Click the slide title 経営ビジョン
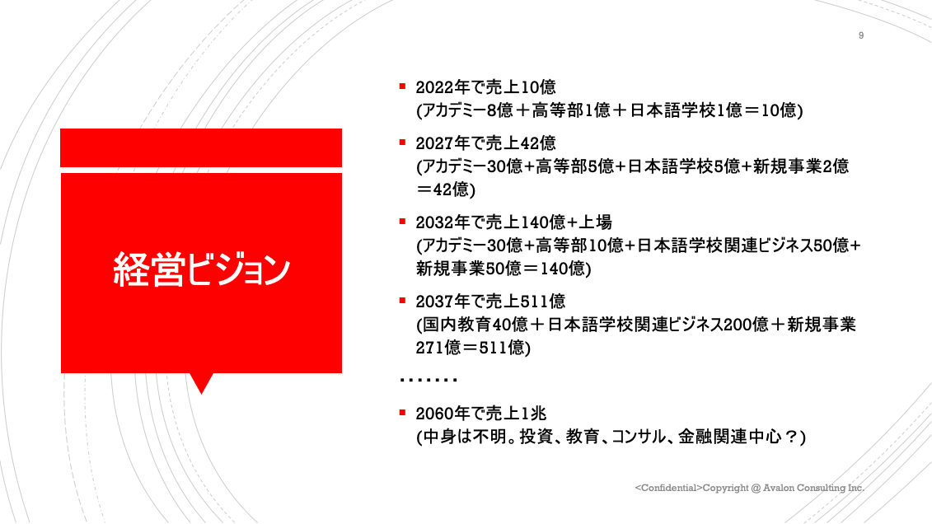(x=202, y=269)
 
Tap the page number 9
(x=860, y=35)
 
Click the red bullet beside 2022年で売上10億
(x=402, y=87)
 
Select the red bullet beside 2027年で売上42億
(x=402, y=143)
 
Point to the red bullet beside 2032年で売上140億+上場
(x=402, y=222)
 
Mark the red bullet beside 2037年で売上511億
(x=402, y=301)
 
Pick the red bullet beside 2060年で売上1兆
(x=402, y=412)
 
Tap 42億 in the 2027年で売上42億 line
(x=538, y=143)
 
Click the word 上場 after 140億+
(x=595, y=222)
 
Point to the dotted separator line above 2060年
(x=429, y=380)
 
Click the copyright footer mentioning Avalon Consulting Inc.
(x=750, y=488)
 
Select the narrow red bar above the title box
(x=201, y=148)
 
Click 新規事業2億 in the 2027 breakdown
(x=801, y=166)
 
